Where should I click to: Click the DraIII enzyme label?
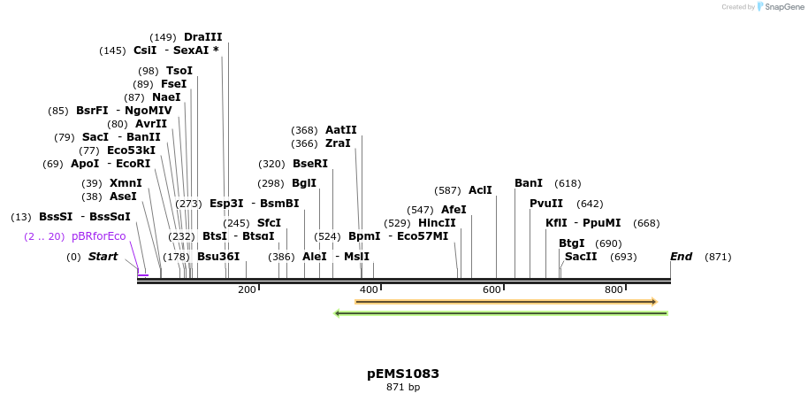202,37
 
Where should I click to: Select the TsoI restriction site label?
179,71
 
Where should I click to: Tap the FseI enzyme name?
173,84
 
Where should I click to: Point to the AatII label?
341,130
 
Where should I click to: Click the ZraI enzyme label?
338,143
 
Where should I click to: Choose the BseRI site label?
309,164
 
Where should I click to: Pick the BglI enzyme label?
303,183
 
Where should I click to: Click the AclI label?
480,190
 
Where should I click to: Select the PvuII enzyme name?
545,204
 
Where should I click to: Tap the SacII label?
581,257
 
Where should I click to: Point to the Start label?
103,257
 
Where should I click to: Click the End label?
681,257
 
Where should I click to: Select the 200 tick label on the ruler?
247,289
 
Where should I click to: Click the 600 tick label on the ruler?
492,289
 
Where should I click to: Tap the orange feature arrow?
505,302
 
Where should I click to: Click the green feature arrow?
500,312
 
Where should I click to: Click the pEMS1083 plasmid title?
403,374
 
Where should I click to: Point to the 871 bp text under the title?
403,388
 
